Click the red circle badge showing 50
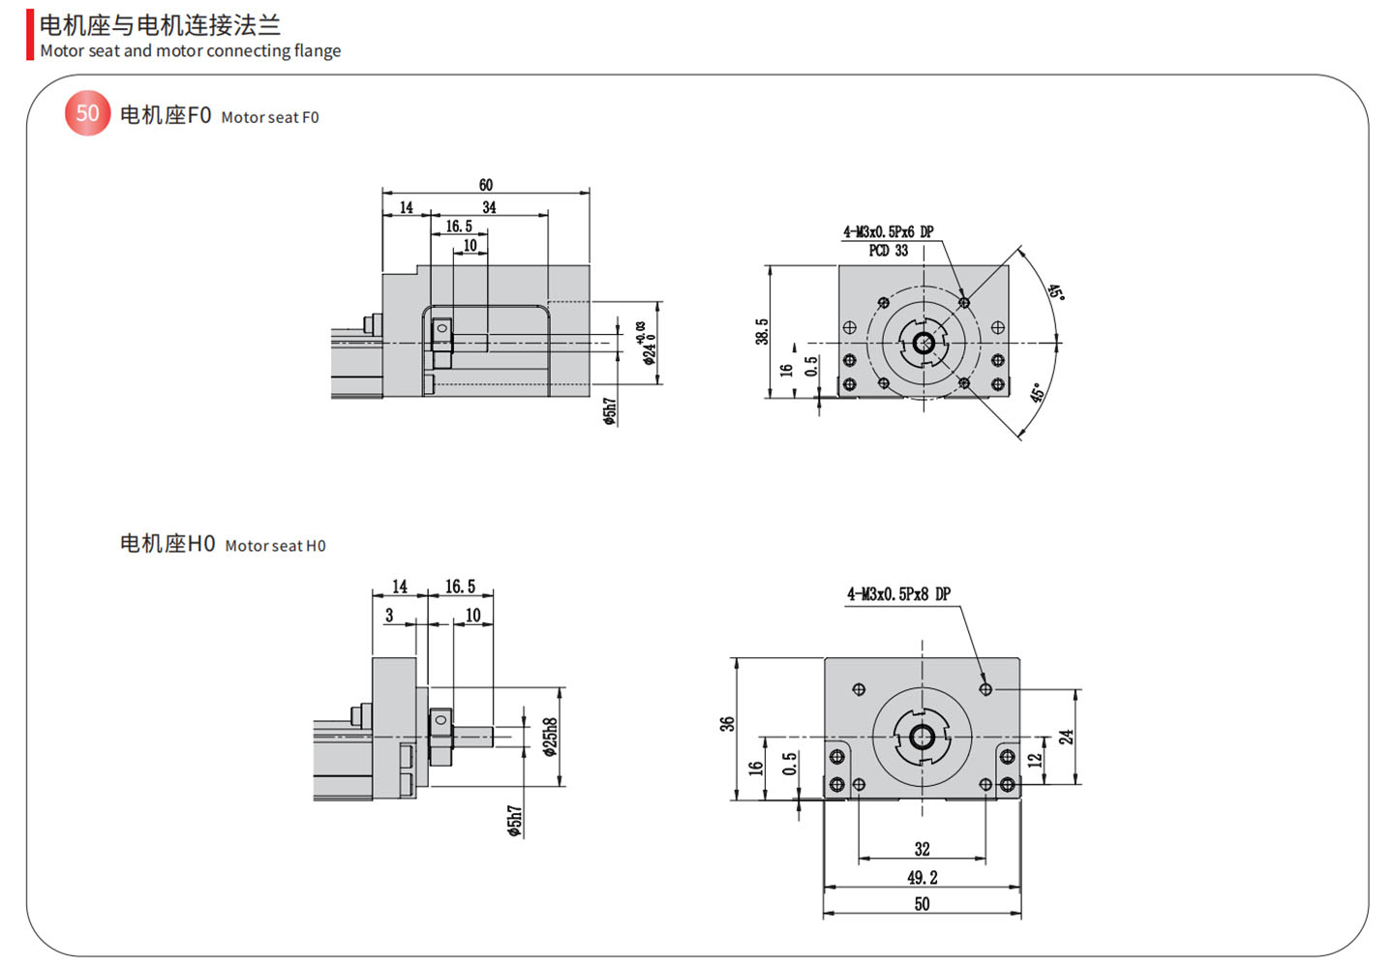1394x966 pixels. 87,113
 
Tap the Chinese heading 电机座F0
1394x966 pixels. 165,115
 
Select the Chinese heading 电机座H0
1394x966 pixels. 167,544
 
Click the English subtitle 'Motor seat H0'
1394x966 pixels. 275,546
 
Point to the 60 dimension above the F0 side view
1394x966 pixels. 486,185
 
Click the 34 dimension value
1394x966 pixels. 489,207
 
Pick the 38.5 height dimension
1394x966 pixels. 762,331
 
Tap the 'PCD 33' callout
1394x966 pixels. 888,251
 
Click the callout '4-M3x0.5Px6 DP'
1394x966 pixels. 888,232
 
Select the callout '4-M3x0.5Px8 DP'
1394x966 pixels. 898,593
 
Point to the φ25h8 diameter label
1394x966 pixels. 551,737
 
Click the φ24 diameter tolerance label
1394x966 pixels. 646,344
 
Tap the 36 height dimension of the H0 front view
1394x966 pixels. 727,723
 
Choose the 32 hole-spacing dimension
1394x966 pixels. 922,849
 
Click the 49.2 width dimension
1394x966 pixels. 922,877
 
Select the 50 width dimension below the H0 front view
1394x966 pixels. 922,904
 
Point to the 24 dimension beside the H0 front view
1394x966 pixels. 1066,737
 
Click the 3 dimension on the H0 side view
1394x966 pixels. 389,615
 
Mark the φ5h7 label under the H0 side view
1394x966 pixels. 515,821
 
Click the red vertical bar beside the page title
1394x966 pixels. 30,35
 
